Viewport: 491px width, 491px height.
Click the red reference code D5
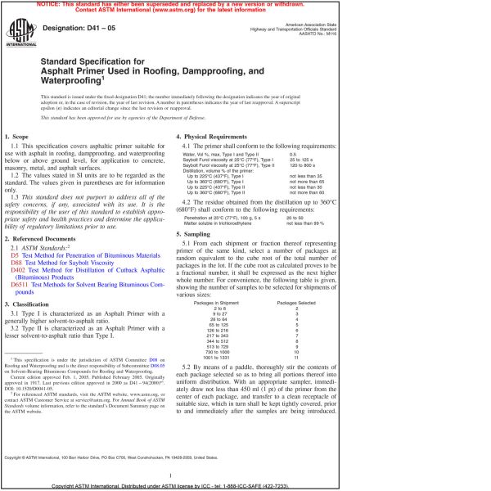[14, 255]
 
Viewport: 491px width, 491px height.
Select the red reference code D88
[16, 264]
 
